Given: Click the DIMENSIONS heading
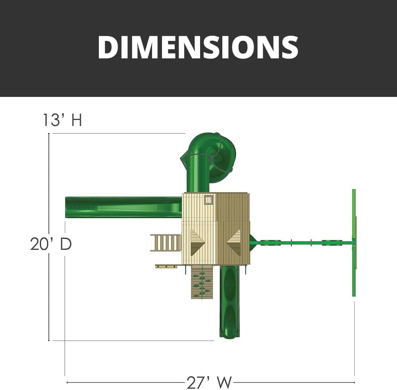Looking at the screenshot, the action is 198,47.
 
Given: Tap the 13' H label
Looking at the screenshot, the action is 62,120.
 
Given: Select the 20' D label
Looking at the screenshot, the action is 51,244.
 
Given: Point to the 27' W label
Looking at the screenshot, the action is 209,382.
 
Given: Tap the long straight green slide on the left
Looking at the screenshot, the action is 123,207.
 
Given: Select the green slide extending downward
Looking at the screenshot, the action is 229,301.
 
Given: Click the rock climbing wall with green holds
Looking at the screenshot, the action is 202,282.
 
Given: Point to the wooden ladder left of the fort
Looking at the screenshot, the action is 166,243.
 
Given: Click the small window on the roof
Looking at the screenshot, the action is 209,199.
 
